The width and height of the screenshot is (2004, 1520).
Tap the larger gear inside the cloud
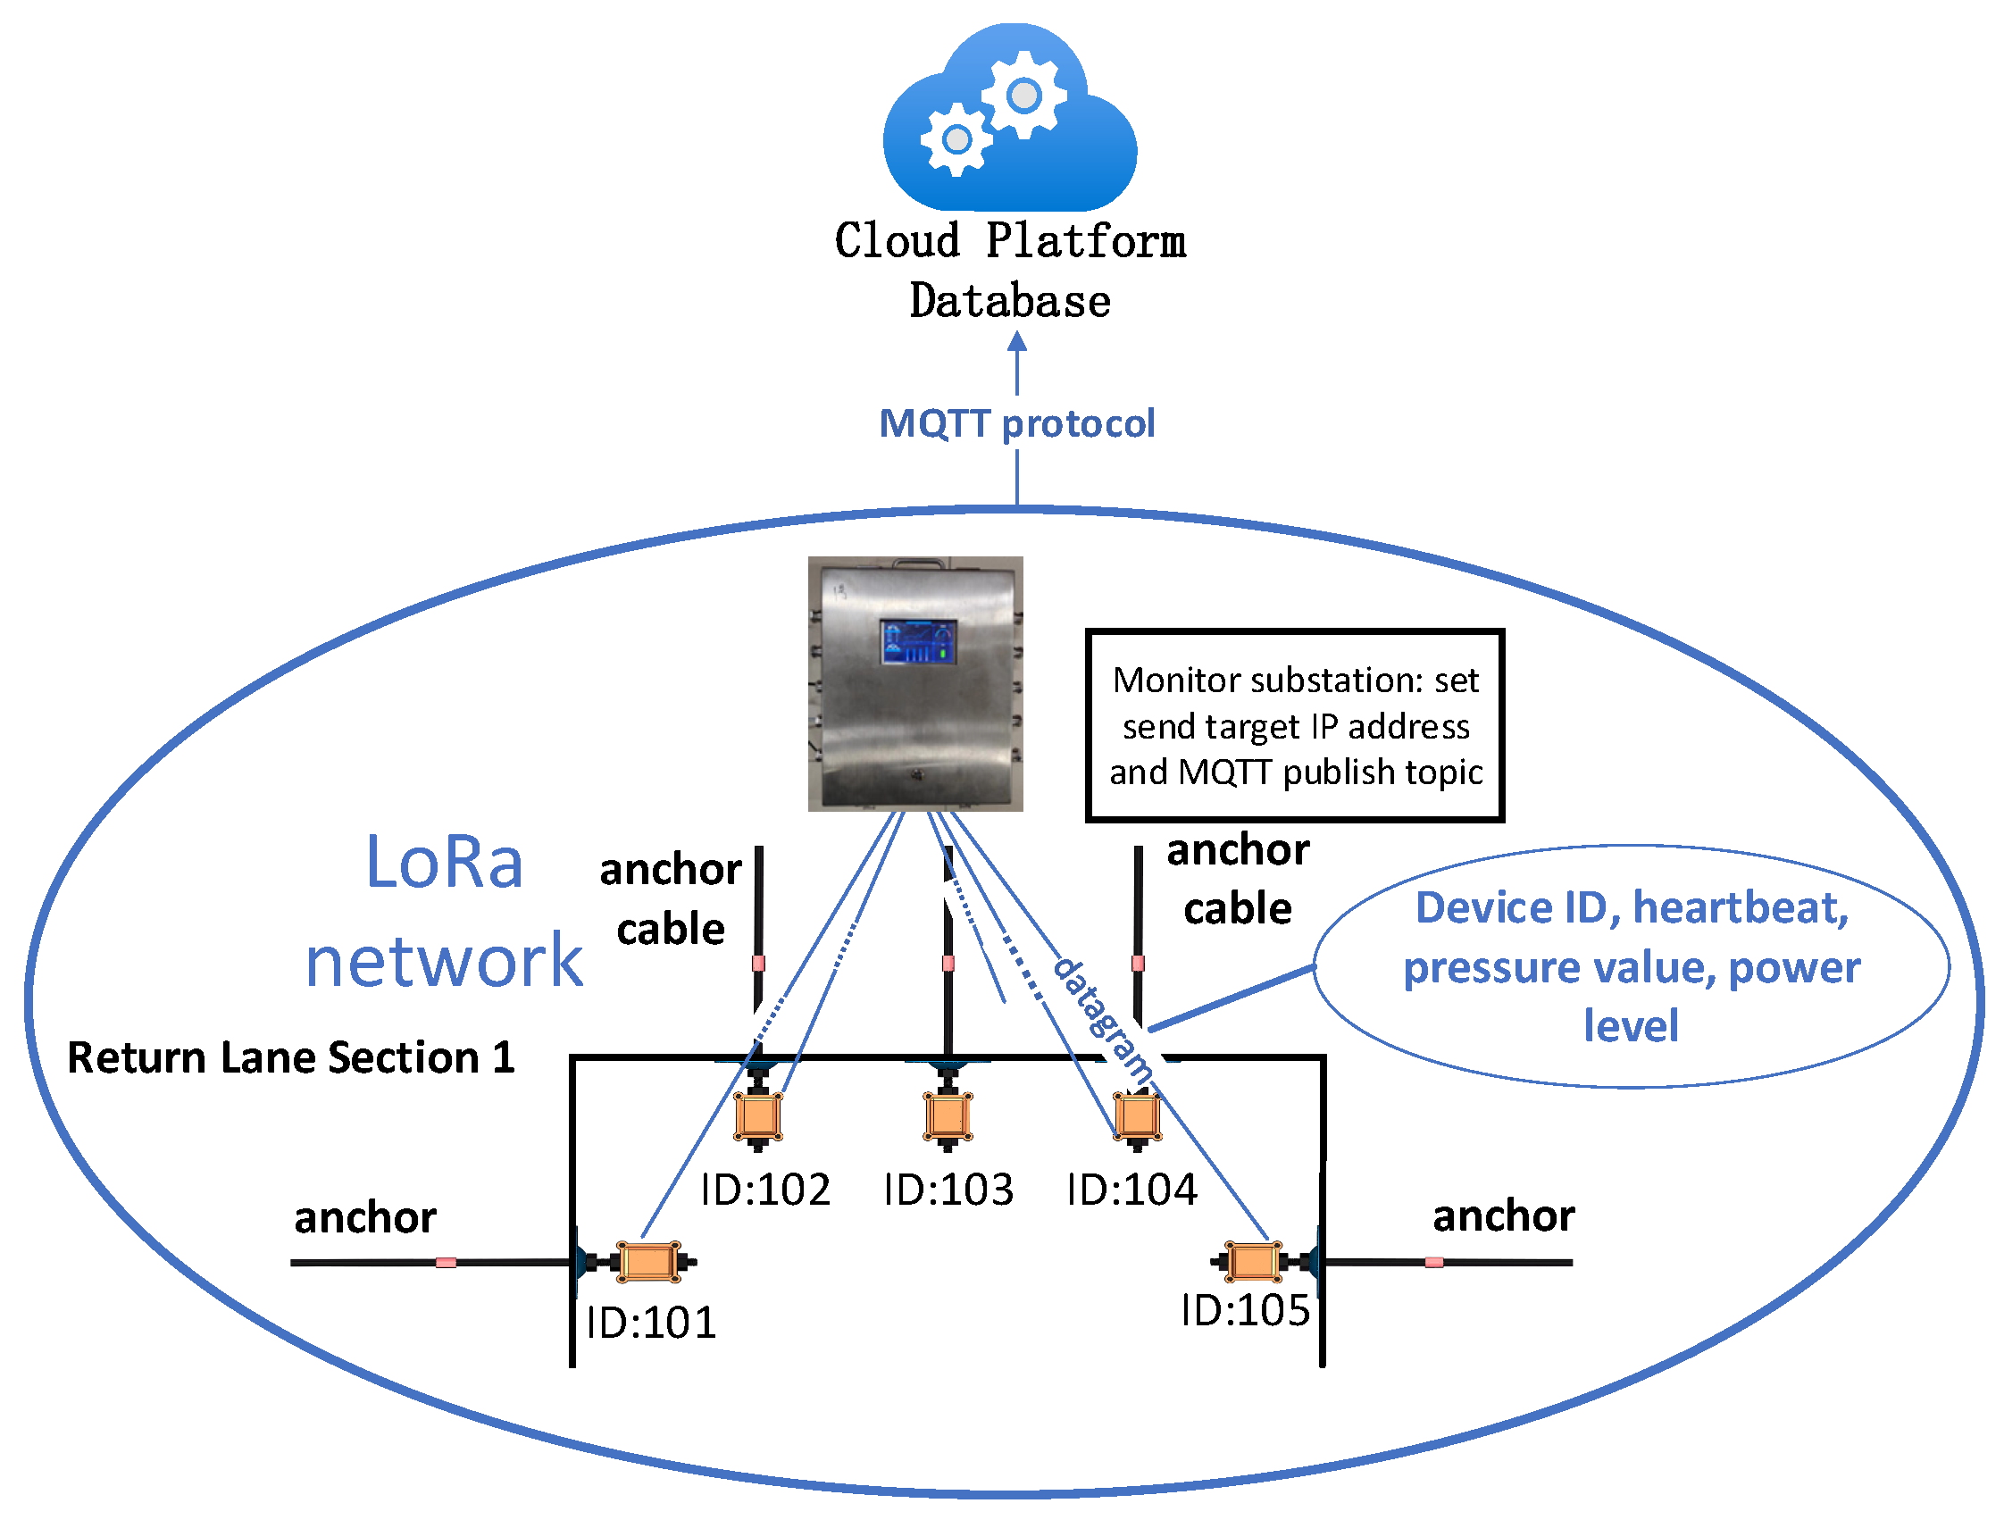1023,94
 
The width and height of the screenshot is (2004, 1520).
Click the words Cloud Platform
1009,241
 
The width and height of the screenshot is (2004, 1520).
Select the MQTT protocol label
1016,423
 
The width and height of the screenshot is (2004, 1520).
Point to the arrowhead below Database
1016,341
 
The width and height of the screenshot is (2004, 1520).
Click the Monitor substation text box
1295,724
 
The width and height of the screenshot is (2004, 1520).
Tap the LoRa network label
444,909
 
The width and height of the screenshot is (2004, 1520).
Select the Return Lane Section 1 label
291,1057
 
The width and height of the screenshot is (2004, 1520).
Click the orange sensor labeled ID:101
647,1261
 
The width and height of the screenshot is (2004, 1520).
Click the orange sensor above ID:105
1252,1261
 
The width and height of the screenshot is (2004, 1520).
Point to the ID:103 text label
948,1190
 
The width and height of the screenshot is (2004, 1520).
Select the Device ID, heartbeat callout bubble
1631,965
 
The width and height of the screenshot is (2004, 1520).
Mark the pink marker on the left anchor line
446,1262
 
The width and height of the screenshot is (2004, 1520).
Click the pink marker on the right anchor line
1433,1262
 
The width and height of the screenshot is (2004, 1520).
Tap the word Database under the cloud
1009,302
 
